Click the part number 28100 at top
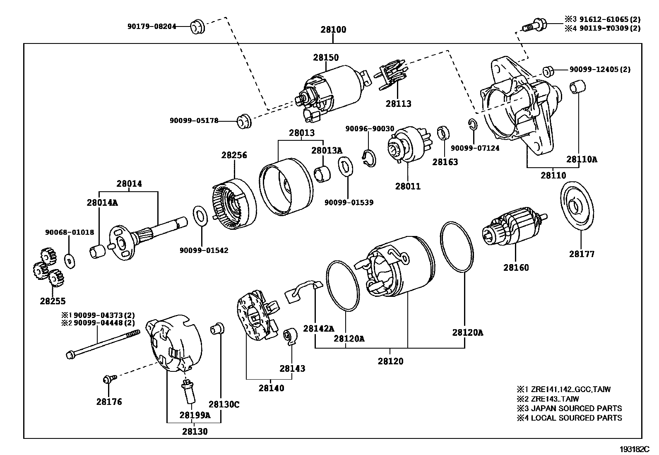(333, 30)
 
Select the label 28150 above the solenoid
(326, 58)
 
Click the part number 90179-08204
(152, 26)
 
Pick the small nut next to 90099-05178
(243, 122)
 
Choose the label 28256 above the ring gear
(234, 155)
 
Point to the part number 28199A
(195, 415)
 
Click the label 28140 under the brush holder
(272, 388)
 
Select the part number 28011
(408, 186)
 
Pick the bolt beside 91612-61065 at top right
(534, 24)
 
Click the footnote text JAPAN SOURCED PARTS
(576, 409)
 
